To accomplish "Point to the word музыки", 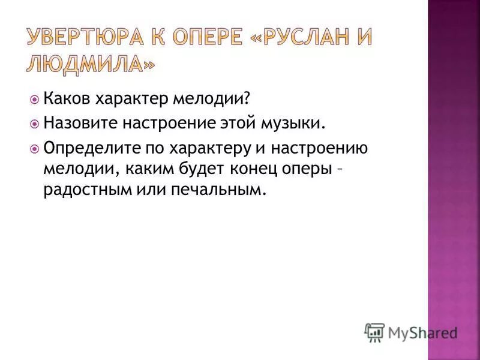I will pos(298,124).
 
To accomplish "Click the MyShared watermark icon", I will pos(374,332).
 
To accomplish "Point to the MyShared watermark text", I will pos(422,332).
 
